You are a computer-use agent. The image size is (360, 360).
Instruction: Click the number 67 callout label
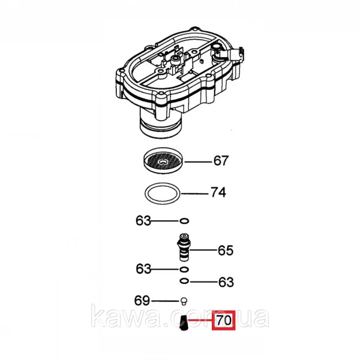click(221, 161)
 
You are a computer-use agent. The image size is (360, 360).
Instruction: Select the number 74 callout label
click(218, 193)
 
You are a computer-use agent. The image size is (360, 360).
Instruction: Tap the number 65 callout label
click(226, 250)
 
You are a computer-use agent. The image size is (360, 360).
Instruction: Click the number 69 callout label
click(142, 301)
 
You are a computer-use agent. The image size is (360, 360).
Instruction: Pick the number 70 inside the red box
click(224, 320)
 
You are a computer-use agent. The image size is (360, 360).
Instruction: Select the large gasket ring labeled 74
click(163, 193)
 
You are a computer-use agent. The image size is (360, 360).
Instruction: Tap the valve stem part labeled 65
click(184, 247)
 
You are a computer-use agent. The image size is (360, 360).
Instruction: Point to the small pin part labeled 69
click(184, 301)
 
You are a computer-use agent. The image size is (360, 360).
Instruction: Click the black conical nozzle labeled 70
click(184, 324)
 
